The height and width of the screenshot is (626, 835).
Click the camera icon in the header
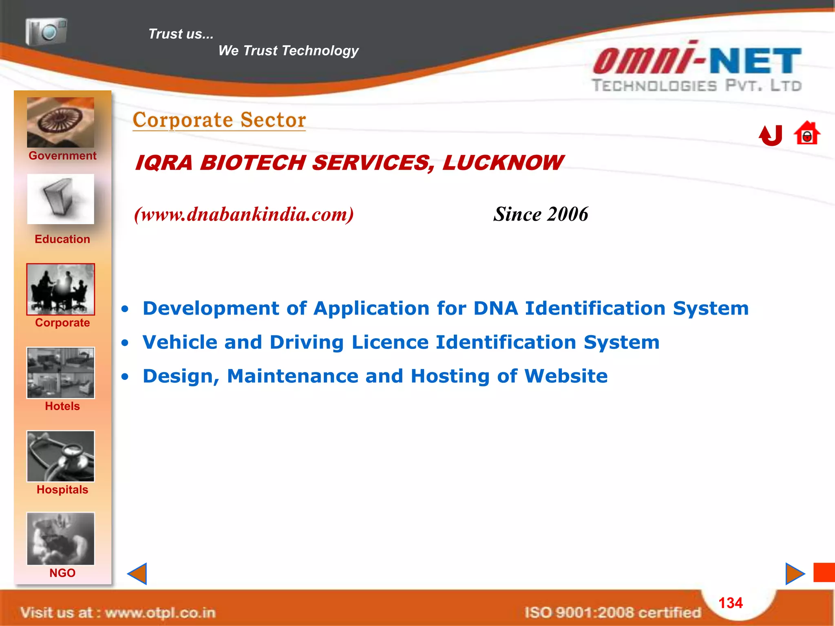tap(46, 31)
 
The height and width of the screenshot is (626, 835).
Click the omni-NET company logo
tap(697, 67)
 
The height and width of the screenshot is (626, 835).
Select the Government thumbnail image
tap(60, 122)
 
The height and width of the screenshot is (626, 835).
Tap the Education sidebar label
tap(62, 239)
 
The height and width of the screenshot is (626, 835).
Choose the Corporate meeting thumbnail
tap(60, 289)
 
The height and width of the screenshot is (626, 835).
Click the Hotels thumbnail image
tap(60, 373)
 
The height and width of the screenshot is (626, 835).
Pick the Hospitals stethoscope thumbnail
tap(60, 456)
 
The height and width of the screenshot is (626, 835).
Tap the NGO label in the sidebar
tap(62, 573)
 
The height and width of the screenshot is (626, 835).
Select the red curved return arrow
tap(771, 135)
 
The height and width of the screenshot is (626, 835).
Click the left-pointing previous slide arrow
tap(137, 574)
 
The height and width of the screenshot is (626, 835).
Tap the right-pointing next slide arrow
tap(795, 574)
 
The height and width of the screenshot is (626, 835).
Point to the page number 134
tap(730, 603)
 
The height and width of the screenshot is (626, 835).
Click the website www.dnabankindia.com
tap(244, 214)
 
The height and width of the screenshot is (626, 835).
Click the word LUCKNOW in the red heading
tap(503, 163)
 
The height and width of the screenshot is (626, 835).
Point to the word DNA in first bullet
tap(495, 309)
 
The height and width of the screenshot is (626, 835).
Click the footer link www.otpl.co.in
tap(160, 613)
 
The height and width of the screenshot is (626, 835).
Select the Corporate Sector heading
tap(219, 120)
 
